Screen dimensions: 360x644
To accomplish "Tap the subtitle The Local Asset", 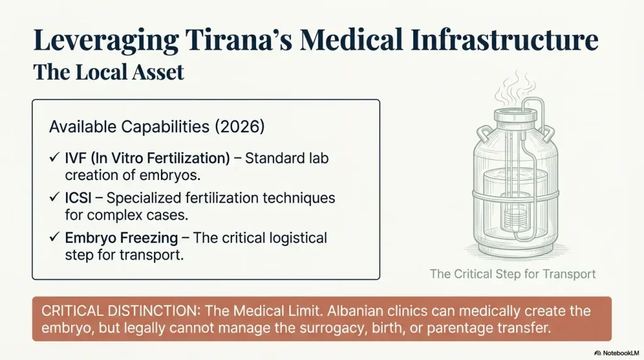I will (108, 72).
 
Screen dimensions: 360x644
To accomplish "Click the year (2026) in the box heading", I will (240, 127).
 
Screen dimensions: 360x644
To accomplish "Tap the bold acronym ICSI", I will (79, 198).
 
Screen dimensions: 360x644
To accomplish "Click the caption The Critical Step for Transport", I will (513, 274).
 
